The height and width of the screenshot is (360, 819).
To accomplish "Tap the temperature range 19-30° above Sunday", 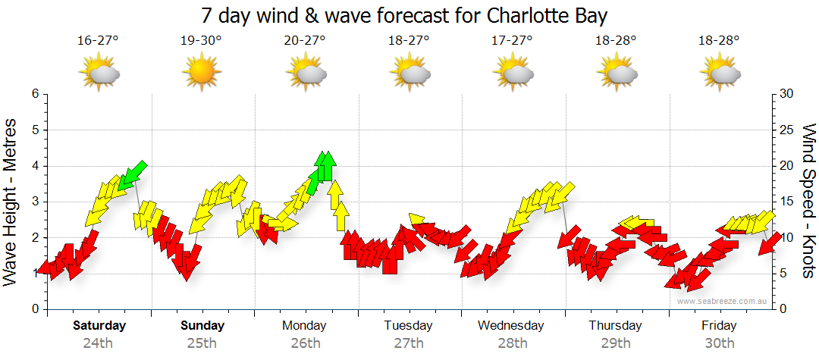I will point(202,40).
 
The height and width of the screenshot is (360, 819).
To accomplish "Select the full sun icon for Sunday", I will point(202,74).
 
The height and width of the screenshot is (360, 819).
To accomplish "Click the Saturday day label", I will point(99,326).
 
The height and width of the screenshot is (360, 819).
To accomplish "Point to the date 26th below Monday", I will point(305,343).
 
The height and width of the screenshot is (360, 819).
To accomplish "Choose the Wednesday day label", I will point(511,326).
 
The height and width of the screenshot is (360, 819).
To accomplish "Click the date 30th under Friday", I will point(719,343).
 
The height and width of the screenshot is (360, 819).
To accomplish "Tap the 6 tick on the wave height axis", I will point(34,94).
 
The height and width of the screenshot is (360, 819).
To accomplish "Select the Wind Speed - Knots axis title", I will point(808,201).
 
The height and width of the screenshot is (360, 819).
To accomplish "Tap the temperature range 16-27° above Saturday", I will point(98,40).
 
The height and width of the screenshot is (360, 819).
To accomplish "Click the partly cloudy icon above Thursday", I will point(617,74).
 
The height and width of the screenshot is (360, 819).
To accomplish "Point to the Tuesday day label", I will point(408,326).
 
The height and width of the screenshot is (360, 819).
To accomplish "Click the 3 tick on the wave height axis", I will point(34,202).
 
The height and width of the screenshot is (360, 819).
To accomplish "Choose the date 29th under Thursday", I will point(616,343).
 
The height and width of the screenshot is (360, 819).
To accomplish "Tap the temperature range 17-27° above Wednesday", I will point(512,40).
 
